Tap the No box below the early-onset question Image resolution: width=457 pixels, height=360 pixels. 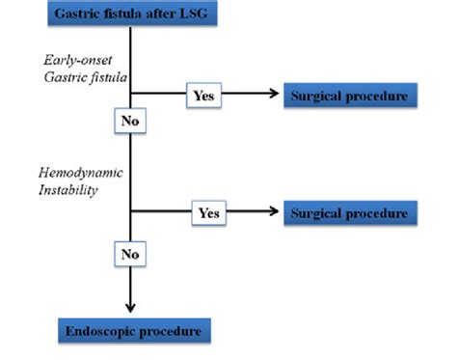[x=130, y=121]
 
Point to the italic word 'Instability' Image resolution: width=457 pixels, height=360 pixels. [x=67, y=191]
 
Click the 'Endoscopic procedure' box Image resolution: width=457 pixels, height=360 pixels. [x=132, y=331]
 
